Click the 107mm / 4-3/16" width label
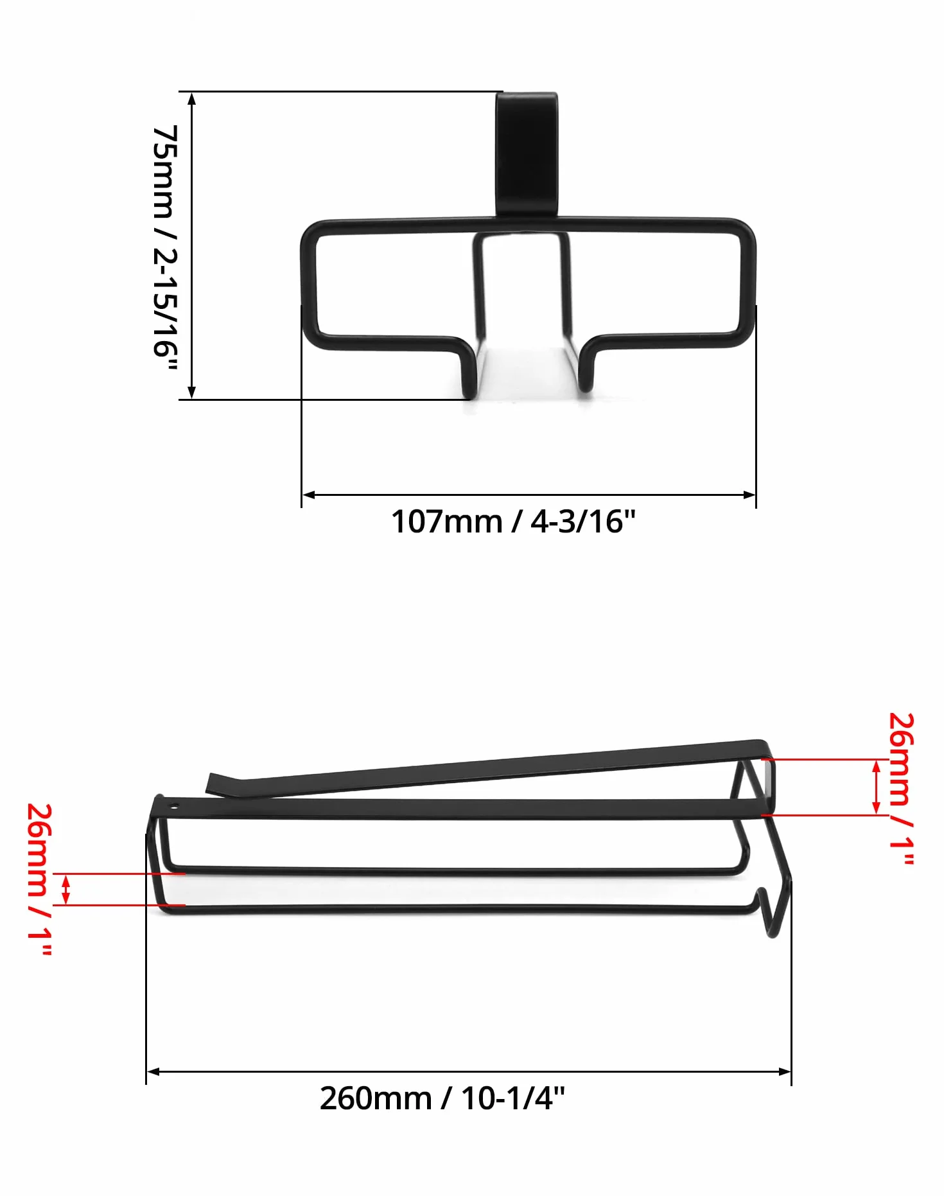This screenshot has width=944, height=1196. (513, 522)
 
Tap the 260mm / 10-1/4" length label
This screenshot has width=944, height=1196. (442, 1099)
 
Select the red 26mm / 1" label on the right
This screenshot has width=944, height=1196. (900, 788)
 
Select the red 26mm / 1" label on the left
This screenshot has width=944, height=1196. (39, 880)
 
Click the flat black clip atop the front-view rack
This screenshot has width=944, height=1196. (527, 154)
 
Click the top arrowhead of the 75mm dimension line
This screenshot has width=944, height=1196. (191, 98)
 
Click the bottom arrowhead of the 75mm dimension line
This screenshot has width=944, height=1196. (191, 393)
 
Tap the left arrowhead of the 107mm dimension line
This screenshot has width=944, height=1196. (308, 495)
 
